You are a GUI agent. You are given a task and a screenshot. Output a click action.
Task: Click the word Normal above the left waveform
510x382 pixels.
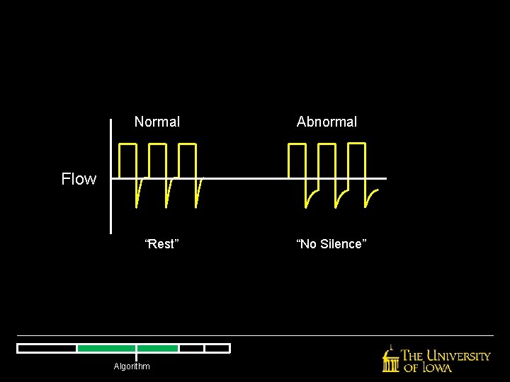pos(157,122)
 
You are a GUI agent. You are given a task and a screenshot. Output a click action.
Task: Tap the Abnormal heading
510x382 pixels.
pos(327,122)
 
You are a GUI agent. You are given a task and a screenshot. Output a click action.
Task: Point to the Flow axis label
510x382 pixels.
pos(79,179)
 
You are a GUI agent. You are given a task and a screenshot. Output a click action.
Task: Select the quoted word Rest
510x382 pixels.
pos(161,244)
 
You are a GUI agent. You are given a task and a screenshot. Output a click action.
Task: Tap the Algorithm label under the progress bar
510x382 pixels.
pos(132,366)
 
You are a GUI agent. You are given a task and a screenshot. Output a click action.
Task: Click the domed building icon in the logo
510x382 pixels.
pos(390,360)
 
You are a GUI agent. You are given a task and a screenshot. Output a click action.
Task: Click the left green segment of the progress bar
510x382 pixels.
pos(106,348)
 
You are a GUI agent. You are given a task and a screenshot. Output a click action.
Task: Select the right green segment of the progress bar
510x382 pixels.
pos(157,348)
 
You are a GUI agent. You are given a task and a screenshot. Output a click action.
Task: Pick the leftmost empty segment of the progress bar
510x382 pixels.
pos(47,348)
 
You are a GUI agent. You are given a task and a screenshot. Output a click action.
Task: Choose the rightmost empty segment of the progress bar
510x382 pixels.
pos(217,348)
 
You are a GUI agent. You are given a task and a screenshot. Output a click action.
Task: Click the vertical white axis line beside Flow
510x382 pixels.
pos(111,177)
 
